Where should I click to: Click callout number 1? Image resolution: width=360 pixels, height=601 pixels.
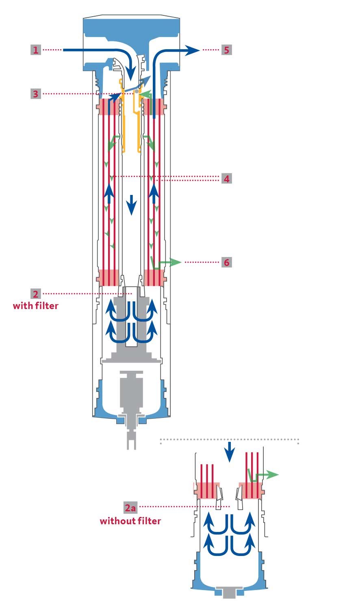(36, 50)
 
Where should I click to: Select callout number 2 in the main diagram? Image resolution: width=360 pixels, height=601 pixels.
(36, 294)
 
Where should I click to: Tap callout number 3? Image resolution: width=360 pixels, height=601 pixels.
(36, 94)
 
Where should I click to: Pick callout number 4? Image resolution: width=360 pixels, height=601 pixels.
(226, 178)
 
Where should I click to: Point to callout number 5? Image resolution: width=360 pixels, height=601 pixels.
(226, 50)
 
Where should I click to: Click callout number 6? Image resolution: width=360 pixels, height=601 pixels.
(226, 262)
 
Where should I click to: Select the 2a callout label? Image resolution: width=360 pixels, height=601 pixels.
(130, 507)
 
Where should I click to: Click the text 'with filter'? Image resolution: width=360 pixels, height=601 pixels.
(36, 306)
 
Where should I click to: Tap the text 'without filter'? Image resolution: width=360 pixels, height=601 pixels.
(130, 521)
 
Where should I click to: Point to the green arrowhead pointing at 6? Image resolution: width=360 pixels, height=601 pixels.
(176, 262)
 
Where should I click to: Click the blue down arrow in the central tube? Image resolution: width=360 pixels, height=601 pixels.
(131, 205)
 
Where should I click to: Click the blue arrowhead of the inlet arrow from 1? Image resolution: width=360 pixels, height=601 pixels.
(131, 76)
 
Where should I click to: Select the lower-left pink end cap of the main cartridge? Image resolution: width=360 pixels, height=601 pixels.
(108, 278)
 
